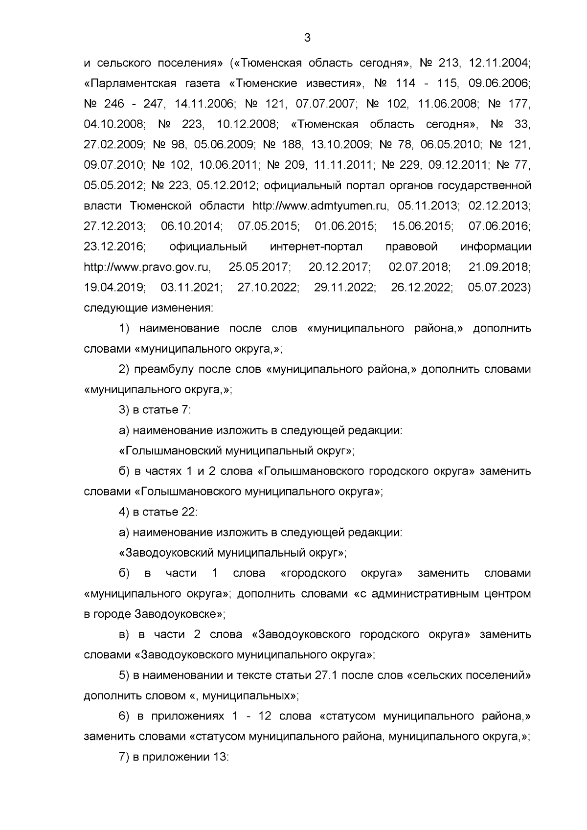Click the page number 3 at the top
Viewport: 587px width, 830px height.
[307, 38]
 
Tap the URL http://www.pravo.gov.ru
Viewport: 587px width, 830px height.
[147, 267]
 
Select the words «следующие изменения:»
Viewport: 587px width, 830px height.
[149, 309]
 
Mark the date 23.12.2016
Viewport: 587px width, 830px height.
[115, 247]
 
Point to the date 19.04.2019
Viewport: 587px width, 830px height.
[115, 288]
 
